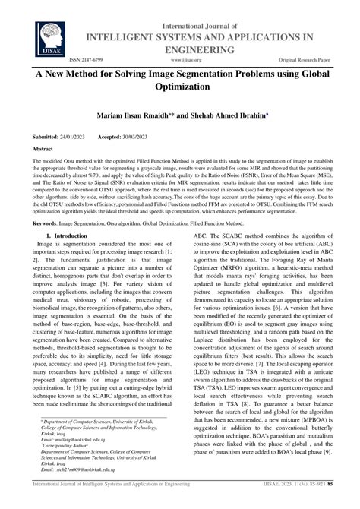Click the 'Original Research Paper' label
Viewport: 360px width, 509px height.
[308, 57]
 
